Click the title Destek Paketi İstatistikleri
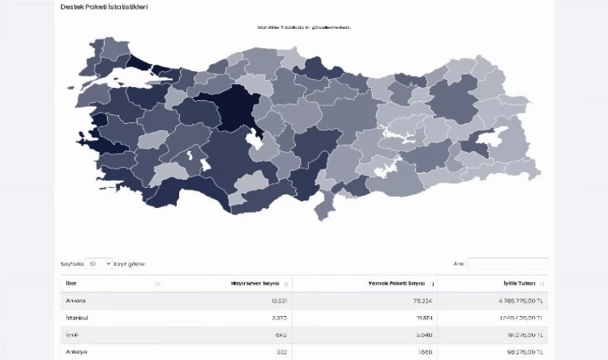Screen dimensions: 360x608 tap(103, 7)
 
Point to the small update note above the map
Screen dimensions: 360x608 tap(304, 27)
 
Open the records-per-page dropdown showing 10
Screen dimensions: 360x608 tap(99, 263)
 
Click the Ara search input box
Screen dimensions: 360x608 tap(507, 263)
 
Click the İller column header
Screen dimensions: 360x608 tap(73, 283)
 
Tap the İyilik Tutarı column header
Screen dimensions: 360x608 tap(519, 283)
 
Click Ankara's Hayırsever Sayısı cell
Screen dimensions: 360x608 tap(278, 301)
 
